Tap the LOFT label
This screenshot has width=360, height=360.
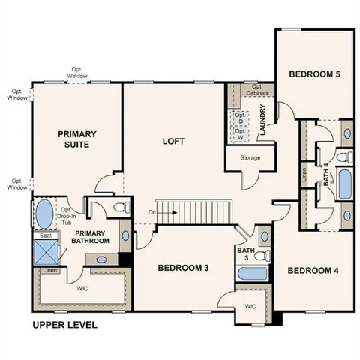coord(174,140)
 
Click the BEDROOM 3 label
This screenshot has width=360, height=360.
coord(183,267)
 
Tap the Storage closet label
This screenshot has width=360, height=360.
coord(250,158)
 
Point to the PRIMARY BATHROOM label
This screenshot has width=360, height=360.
coord(91,236)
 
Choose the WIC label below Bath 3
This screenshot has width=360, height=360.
coord(250,307)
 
